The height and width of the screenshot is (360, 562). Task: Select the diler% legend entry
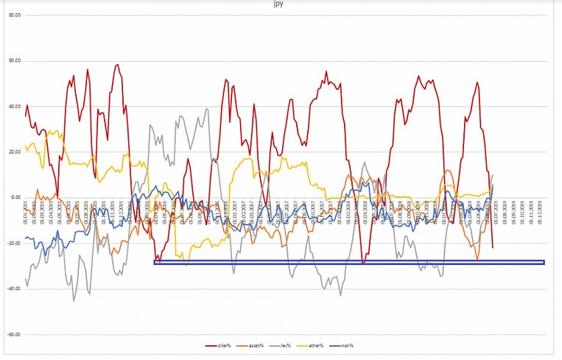pos(219,345)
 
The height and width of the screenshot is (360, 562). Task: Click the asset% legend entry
pos(254,345)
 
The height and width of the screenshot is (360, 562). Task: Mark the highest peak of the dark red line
pos(117,65)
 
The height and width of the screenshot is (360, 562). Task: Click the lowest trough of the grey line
pos(74,300)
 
